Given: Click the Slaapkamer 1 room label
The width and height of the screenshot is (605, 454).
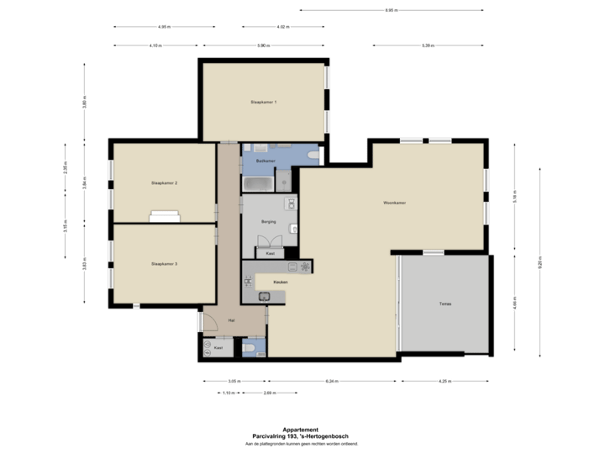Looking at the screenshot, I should coord(264,102).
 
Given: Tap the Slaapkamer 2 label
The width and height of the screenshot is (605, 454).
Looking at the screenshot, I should coord(164,182).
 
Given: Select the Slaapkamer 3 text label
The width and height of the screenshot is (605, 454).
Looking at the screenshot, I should coord(164,264).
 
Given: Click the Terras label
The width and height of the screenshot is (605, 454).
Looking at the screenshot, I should coord(445,304).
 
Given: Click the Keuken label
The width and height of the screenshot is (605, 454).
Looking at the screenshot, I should coord(281,282).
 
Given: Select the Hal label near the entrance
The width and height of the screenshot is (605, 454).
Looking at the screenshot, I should coord(230,320).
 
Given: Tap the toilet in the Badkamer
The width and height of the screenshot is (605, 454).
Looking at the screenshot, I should coord(313,157).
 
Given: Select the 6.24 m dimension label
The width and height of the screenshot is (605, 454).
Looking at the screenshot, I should coord(332,382).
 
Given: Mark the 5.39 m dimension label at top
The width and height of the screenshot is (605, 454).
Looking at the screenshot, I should coord(428,45).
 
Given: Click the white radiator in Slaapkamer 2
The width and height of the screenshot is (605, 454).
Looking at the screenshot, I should coord(164,216).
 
